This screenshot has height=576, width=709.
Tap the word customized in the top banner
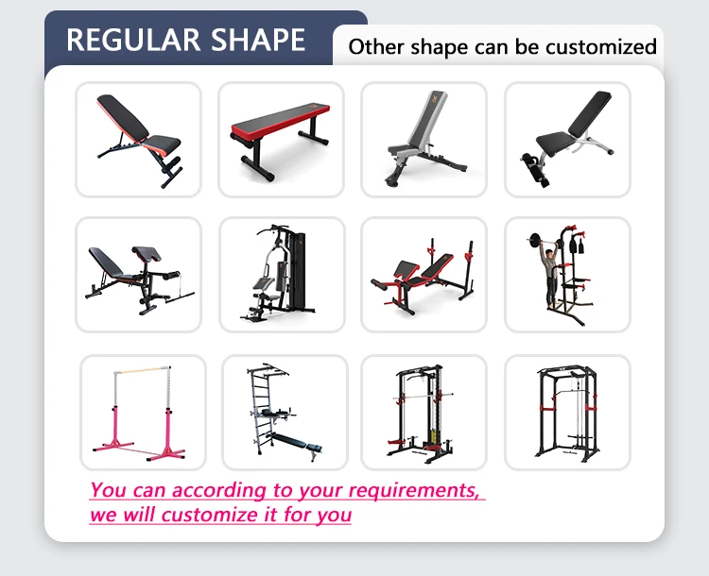[x=597, y=46]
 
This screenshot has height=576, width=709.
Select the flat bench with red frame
[x=281, y=140]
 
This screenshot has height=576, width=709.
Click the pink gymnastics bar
[x=142, y=412]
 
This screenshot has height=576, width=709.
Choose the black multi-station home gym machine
[x=281, y=275]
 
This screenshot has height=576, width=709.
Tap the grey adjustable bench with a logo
[x=424, y=140]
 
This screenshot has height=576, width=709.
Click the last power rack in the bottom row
[x=567, y=413]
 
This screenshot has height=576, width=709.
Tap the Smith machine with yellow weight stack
[x=424, y=413]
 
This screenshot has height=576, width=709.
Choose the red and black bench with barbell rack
[x=424, y=275]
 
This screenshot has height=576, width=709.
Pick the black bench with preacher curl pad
[x=138, y=275]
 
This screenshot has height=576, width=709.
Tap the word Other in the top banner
[x=374, y=46]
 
